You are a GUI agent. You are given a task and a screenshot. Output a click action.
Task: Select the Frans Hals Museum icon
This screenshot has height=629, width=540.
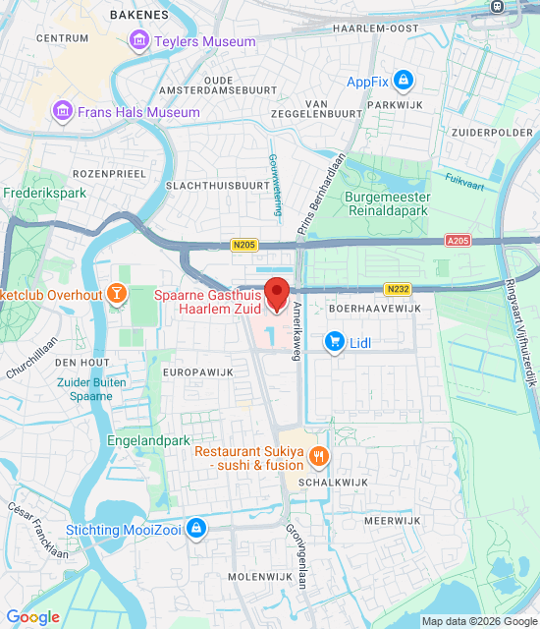(x=64, y=112)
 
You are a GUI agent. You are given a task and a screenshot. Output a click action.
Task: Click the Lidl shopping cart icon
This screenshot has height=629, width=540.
(x=336, y=342)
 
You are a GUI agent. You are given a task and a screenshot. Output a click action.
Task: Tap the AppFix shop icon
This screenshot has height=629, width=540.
(x=403, y=82)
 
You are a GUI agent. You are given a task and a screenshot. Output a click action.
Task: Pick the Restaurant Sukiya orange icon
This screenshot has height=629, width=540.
(x=318, y=457)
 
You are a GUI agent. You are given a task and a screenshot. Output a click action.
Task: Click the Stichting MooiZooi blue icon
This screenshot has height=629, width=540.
(x=197, y=529)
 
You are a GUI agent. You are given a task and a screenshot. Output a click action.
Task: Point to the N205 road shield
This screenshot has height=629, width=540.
(x=244, y=245)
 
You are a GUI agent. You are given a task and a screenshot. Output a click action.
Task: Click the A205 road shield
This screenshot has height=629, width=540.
(x=458, y=240)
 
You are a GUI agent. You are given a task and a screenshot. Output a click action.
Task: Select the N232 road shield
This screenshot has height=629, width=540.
(x=397, y=289)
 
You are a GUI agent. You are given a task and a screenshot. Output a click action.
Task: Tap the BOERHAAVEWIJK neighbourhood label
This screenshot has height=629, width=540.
(x=374, y=309)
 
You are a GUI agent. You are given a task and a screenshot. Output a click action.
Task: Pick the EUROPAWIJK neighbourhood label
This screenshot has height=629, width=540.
(x=197, y=373)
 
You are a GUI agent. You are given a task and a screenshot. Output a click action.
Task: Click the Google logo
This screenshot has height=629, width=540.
(x=32, y=617)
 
